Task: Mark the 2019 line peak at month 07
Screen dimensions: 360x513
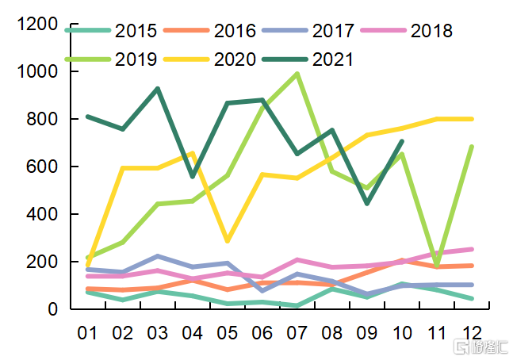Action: coord(297,74)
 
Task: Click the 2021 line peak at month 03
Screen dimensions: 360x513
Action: coord(157,89)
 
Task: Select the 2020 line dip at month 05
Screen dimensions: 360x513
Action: coord(228,240)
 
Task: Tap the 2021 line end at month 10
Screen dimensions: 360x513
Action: coord(403,141)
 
